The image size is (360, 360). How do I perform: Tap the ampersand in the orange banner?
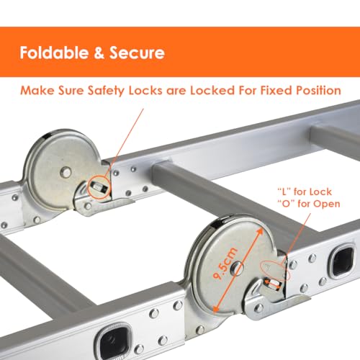pos(93,53)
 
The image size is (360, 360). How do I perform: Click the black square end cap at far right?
pos(340,265)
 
